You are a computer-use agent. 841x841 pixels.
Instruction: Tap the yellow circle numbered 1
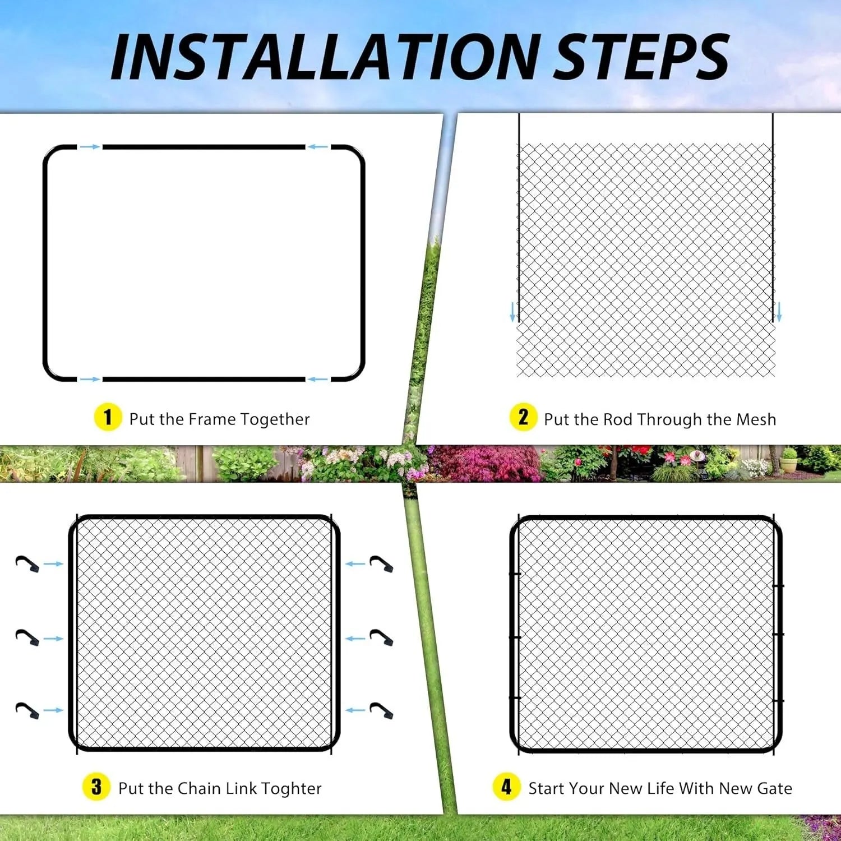click(108, 418)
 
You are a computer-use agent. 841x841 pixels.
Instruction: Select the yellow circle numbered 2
click(523, 418)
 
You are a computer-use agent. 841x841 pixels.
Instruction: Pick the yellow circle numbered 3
click(96, 787)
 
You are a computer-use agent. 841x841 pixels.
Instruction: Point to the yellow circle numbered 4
click(507, 787)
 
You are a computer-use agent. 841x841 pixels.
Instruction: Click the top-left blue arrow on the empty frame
click(90, 147)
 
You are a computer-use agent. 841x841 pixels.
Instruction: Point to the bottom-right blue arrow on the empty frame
click(318, 380)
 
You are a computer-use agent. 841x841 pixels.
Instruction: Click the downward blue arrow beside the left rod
click(512, 312)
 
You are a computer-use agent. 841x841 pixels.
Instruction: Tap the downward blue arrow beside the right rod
click(778, 312)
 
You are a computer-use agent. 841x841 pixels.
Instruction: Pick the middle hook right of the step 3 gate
click(381, 637)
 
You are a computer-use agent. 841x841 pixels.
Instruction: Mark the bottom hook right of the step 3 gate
click(381, 710)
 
